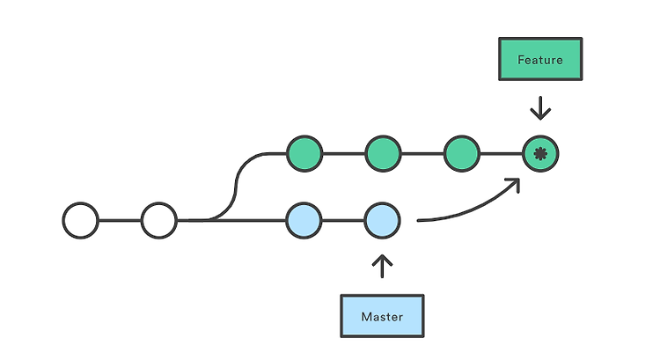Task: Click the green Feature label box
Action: [x=540, y=59]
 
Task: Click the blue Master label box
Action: [x=382, y=316]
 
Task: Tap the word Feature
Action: [x=540, y=60]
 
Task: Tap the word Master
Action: [x=382, y=317]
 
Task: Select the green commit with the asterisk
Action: [x=540, y=154]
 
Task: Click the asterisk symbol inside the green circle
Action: [x=540, y=154]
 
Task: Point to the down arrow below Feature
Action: [x=540, y=108]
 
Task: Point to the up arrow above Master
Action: [x=382, y=266]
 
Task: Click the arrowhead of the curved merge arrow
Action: [x=515, y=184]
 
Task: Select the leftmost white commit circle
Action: [x=80, y=221]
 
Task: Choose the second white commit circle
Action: [x=159, y=221]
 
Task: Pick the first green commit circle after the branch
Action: [x=304, y=154]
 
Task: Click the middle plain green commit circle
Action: [x=383, y=154]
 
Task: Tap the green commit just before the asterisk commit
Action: [x=462, y=154]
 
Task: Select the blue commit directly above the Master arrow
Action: [x=382, y=221]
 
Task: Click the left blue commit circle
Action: [x=304, y=221]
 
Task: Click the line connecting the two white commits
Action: [x=120, y=221]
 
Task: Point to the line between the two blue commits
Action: [x=343, y=221]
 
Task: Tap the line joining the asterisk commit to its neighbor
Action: [x=502, y=154]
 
